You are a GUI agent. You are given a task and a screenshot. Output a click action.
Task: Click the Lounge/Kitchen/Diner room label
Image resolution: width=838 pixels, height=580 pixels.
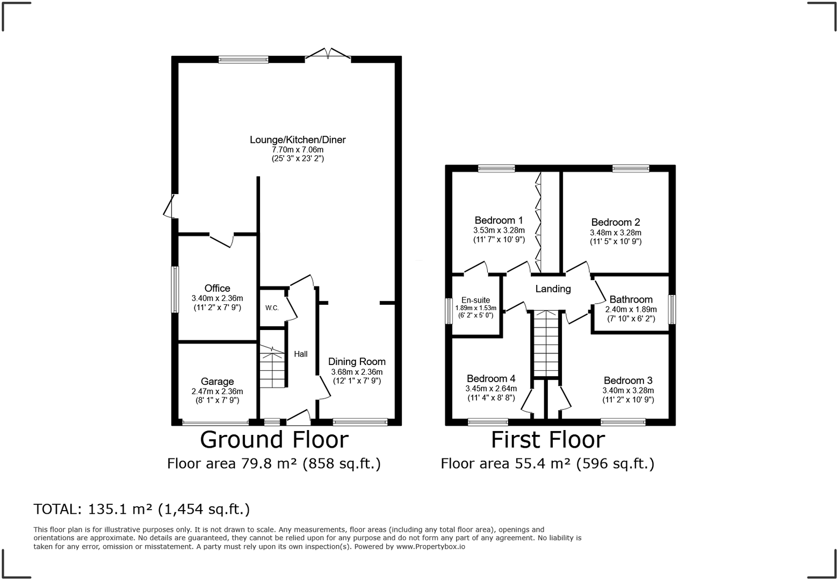(298, 140)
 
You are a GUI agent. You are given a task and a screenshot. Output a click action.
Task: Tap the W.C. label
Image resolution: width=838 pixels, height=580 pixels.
(272, 308)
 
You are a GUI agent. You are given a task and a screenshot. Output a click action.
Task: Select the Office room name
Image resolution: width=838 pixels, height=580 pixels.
(217, 288)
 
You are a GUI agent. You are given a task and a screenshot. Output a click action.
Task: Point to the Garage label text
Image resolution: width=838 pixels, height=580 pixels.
(218, 382)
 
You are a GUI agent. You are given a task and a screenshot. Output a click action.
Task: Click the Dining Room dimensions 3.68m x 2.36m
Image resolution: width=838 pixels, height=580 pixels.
(357, 372)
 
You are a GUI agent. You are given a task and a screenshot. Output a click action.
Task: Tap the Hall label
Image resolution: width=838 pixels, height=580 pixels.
(301, 354)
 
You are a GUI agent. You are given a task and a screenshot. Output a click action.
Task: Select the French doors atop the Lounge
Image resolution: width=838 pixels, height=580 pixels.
(328, 53)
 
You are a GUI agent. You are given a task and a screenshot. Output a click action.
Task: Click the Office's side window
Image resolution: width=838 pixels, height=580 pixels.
(175, 289)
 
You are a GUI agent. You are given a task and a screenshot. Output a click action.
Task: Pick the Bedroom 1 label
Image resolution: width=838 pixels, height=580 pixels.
(499, 220)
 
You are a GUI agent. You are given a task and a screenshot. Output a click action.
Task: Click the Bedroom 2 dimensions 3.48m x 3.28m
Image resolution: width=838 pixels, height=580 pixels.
(616, 233)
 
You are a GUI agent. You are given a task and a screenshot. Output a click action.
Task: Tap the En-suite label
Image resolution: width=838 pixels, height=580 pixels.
(475, 300)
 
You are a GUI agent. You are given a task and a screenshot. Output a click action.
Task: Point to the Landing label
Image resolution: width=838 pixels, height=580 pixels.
(553, 289)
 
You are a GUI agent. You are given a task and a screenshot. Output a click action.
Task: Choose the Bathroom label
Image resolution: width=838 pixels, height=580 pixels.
(631, 299)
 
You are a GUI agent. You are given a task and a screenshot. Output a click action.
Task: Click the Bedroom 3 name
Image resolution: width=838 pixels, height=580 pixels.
(628, 381)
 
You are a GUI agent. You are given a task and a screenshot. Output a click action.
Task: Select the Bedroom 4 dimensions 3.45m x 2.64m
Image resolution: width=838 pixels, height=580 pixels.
(491, 389)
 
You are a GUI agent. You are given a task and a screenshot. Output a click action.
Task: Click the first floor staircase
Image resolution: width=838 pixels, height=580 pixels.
(546, 343)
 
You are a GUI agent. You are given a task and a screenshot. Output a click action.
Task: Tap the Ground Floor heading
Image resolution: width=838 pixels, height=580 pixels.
(274, 440)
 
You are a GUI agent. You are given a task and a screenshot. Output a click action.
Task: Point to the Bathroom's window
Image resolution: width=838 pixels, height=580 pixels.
(672, 309)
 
